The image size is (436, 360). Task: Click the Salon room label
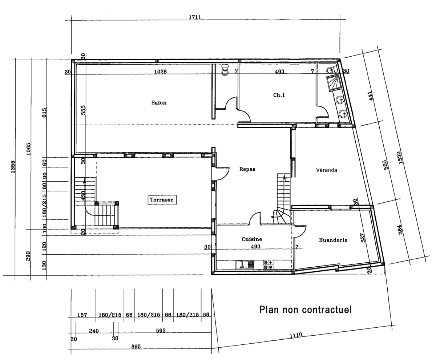pos(159,102)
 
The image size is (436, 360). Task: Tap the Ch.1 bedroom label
pos(279,95)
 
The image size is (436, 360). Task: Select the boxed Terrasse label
pos(162,200)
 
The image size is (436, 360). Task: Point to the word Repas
pos(247,169)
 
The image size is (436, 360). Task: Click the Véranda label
pos(327,170)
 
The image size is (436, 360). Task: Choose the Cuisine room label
pos(252,239)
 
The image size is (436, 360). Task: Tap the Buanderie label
pos(333,240)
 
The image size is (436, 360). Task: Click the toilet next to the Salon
pos(225,70)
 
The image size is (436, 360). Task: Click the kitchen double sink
pos(245,264)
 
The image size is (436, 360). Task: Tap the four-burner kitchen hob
pos(268,264)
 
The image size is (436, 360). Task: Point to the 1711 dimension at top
pos(195,17)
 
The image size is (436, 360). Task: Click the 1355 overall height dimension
pos(13,167)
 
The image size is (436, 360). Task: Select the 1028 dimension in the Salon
pos(160,72)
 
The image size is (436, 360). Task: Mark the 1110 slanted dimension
pos(296,335)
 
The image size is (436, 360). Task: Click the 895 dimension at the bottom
pos(136,347)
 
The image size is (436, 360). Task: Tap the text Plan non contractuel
pos(306,310)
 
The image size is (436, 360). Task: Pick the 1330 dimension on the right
pos(400,158)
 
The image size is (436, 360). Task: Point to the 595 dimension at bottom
pos(161,331)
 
